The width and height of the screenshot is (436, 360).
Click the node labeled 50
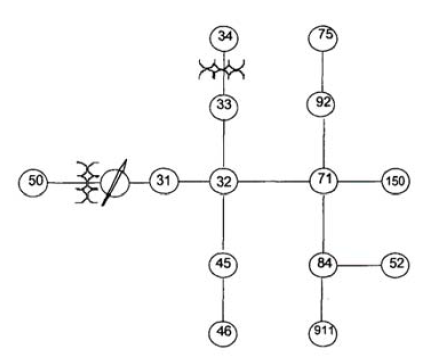coord(33,183)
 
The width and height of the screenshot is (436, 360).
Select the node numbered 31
coord(164,181)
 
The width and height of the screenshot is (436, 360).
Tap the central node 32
coord(224,182)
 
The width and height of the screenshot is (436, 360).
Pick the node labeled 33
coord(224,106)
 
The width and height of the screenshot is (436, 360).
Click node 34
coord(224,38)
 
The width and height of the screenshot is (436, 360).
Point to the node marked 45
coord(223,264)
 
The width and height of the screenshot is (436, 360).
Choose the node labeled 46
coord(223,332)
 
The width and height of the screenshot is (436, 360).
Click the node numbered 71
coord(324,180)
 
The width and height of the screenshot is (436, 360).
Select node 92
coord(322,103)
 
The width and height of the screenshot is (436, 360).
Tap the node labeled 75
coord(323,37)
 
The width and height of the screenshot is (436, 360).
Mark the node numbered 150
coord(395,181)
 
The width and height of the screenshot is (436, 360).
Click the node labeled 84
coord(323,264)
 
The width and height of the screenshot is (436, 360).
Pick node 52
coord(395,265)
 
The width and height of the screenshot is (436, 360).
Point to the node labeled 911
coord(323,333)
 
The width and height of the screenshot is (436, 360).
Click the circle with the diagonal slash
coord(115,182)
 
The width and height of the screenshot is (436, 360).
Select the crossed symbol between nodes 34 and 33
coord(222,69)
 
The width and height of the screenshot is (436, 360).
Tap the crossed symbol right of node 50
coord(87,182)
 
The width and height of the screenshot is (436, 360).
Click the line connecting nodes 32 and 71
coord(274,182)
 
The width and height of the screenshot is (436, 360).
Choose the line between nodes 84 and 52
coord(359,265)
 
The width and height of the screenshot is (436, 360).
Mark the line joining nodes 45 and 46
coord(223,298)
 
